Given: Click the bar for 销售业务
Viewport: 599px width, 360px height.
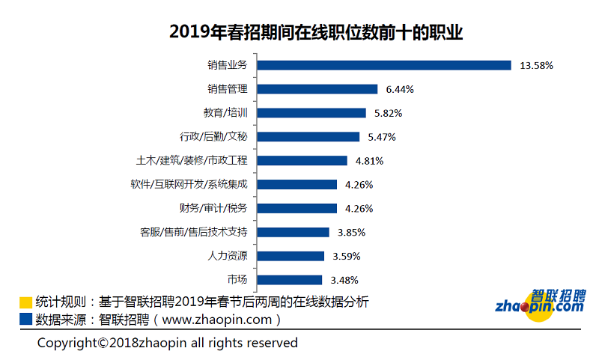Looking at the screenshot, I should pyautogui.click(x=383, y=65).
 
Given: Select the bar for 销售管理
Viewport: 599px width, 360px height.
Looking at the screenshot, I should pyautogui.click(x=317, y=89).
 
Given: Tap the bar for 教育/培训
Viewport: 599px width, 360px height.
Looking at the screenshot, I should pyautogui.click(x=311, y=113).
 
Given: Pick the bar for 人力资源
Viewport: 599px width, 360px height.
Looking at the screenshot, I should pyautogui.click(x=291, y=256).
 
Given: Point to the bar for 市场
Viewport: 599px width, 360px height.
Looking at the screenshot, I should pyautogui.click(x=289, y=280).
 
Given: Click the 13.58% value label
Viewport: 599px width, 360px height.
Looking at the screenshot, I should pyautogui.click(x=536, y=65).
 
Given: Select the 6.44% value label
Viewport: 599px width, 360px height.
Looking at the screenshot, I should pyautogui.click(x=400, y=89).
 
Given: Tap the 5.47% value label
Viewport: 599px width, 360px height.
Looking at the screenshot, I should pyautogui.click(x=382, y=137).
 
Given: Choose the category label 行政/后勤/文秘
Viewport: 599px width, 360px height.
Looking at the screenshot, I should pyautogui.click(x=213, y=137).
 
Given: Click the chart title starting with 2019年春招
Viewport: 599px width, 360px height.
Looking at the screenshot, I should pyautogui.click(x=299, y=32).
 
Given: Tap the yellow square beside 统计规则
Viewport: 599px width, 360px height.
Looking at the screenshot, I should pyautogui.click(x=26, y=302).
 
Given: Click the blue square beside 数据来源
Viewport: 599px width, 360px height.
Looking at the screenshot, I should pyautogui.click(x=26, y=319).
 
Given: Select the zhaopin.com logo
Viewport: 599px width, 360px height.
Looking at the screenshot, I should pyautogui.click(x=541, y=302).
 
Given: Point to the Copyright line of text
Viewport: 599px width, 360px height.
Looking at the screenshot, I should pyautogui.click(x=168, y=343).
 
